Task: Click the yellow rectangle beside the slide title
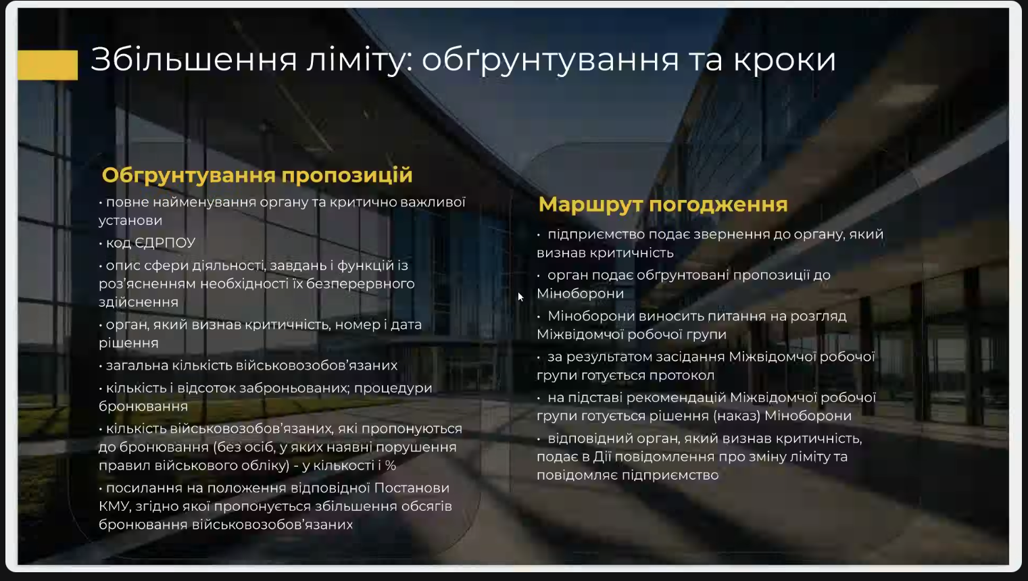click(x=48, y=65)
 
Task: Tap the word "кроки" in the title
click(x=784, y=59)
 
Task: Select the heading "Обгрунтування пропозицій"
click(x=257, y=175)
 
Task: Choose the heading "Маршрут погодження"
click(x=663, y=205)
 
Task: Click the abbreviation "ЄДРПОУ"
click(x=165, y=243)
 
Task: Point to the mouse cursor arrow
click(x=520, y=297)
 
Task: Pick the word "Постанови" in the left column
click(x=412, y=488)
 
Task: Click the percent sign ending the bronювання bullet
click(x=391, y=465)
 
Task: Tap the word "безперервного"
click(x=360, y=284)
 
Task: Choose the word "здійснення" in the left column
click(x=139, y=302)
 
